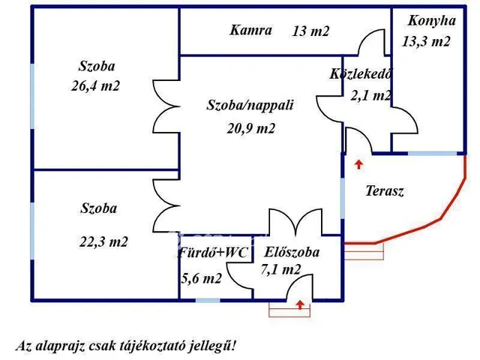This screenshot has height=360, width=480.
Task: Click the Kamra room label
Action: pyautogui.click(x=250, y=31)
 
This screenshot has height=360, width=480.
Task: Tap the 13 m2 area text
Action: pyautogui.click(x=310, y=31)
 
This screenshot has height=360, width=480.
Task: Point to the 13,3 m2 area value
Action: pyautogui.click(x=426, y=42)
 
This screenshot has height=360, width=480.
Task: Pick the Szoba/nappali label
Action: pyautogui.click(x=250, y=106)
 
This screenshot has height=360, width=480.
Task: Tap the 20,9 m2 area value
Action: pyautogui.click(x=251, y=128)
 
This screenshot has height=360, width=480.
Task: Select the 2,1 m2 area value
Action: pyautogui.click(x=370, y=95)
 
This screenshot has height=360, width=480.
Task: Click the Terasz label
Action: pyautogui.click(x=385, y=191)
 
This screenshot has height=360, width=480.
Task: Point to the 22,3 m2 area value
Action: pyautogui.click(x=103, y=241)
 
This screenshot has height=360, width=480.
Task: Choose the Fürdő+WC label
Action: pyautogui.click(x=212, y=253)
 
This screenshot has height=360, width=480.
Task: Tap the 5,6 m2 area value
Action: pyautogui.click(x=201, y=278)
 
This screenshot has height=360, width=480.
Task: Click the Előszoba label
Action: pyautogui.click(x=292, y=253)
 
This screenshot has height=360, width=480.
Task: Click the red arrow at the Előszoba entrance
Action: pyautogui.click(x=300, y=304)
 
